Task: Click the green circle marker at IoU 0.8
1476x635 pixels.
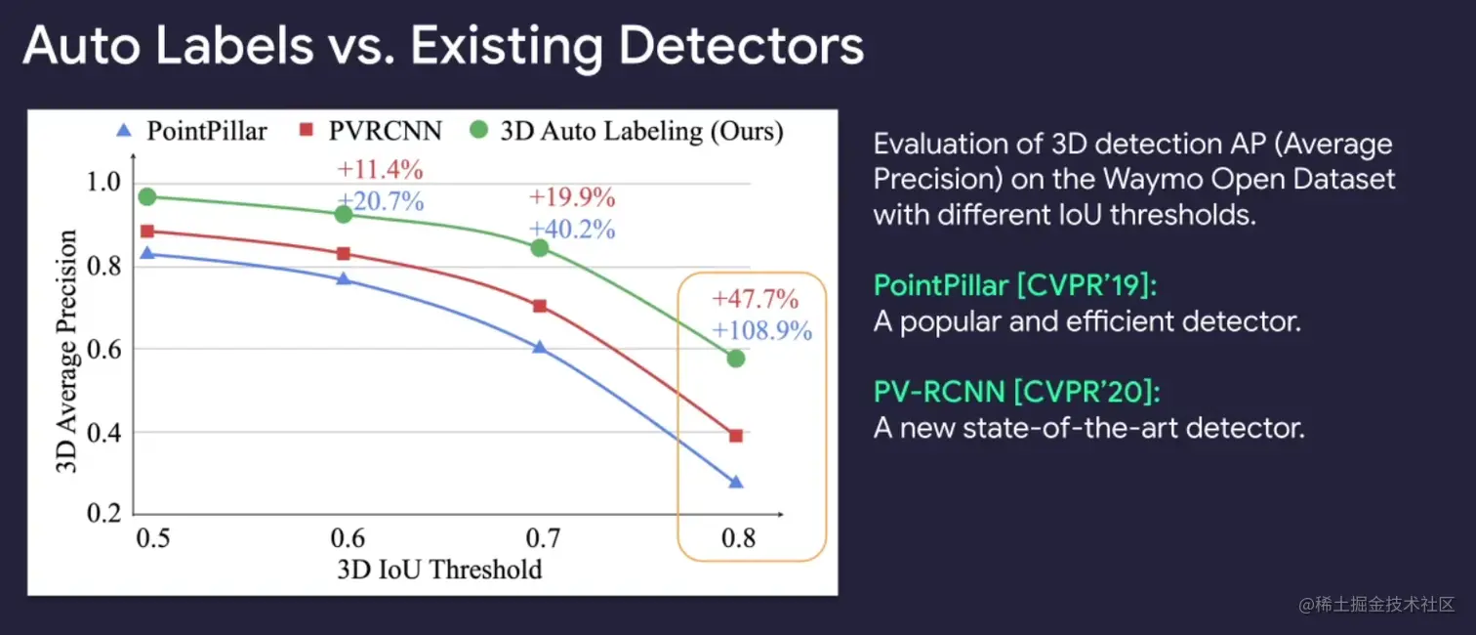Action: (x=736, y=359)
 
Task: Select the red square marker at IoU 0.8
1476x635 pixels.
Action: (x=736, y=436)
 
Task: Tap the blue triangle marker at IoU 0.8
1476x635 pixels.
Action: (x=736, y=482)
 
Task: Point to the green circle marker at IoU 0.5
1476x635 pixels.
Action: (x=147, y=197)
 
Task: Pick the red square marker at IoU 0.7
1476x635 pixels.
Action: (x=539, y=307)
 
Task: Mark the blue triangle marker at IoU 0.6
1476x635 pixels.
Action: (x=344, y=278)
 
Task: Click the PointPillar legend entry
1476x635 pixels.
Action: (x=191, y=131)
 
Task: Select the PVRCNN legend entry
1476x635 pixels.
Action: (x=372, y=131)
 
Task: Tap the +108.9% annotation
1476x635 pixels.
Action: (x=762, y=331)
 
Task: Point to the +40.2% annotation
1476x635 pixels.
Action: (x=572, y=230)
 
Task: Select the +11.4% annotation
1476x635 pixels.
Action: (x=381, y=170)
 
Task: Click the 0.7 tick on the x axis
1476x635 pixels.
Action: (x=543, y=538)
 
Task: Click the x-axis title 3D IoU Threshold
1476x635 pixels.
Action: (x=439, y=570)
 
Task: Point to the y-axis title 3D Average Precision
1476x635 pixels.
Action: (x=66, y=352)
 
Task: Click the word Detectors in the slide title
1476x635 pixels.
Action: (x=742, y=46)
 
